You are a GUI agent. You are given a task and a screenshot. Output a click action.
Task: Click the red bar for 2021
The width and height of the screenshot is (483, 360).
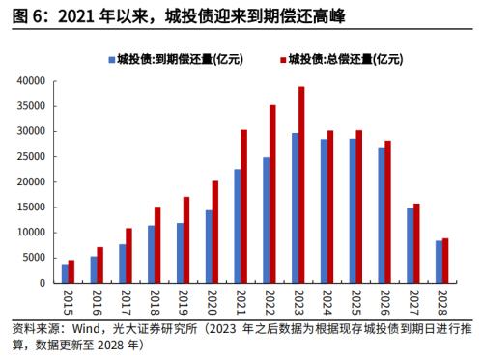point(244,207)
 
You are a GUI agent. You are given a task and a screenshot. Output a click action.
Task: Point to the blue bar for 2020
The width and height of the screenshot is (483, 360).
point(208,246)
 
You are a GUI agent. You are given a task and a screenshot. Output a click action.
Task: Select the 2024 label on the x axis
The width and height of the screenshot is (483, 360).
point(327,300)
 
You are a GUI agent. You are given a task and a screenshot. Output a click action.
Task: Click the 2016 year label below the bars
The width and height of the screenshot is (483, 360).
point(96,300)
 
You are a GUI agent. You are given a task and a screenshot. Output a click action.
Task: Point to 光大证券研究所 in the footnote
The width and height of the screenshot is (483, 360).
point(156,328)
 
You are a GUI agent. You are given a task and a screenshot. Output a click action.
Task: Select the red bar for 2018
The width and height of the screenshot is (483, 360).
point(157,245)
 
